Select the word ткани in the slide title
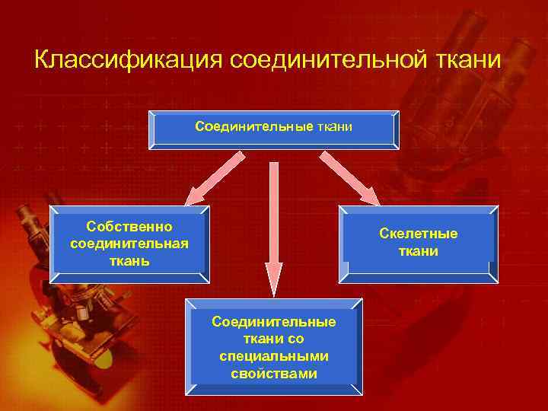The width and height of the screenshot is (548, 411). [469, 59]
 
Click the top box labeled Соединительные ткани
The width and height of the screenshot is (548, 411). [274, 130]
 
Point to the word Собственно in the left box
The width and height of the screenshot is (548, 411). [129, 227]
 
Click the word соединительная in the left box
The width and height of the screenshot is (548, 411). [129, 244]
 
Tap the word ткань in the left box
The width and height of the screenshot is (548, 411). [129, 260]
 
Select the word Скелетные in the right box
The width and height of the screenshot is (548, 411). [419, 234]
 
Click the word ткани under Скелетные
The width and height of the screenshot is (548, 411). [419, 251]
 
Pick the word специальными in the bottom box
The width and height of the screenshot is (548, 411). [274, 356]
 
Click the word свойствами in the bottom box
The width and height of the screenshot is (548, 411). [274, 374]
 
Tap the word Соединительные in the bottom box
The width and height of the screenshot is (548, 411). [274, 322]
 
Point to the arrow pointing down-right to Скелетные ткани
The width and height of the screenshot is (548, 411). [350, 180]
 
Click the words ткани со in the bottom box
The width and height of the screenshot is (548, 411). [274, 339]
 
